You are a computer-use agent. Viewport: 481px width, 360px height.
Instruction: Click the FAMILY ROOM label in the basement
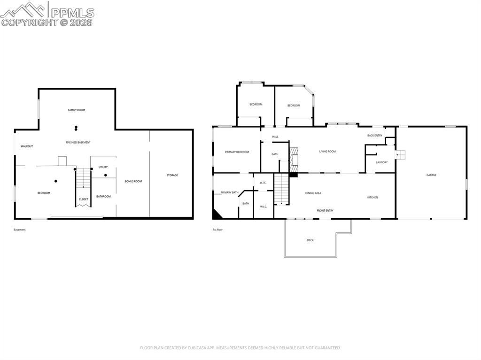click(77, 110)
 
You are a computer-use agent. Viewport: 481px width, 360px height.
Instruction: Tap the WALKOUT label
click(27, 146)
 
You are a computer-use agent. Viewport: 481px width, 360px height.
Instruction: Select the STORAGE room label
click(172, 175)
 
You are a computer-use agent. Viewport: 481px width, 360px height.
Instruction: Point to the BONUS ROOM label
click(133, 181)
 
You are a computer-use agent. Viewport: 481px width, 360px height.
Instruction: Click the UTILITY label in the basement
click(103, 167)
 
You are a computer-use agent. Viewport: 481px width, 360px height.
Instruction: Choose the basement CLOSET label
click(84, 199)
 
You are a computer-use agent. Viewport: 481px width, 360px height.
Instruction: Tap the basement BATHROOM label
click(103, 196)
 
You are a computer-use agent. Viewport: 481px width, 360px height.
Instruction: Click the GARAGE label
click(431, 175)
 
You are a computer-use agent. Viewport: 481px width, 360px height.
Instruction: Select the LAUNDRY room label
click(381, 162)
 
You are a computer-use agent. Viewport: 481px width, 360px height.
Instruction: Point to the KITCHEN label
click(372, 197)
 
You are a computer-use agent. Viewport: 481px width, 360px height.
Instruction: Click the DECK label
click(310, 240)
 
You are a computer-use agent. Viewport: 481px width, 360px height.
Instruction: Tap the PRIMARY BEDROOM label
click(237, 152)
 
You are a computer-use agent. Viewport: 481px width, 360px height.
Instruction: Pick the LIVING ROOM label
click(327, 151)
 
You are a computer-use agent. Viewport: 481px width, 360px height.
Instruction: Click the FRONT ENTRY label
click(325, 210)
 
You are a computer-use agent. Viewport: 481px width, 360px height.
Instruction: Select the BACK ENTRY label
click(375, 135)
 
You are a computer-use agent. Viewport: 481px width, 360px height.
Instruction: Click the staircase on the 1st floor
click(282, 189)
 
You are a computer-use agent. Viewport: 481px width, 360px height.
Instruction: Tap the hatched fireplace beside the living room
click(294, 160)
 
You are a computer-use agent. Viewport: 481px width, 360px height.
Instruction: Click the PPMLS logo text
click(72, 13)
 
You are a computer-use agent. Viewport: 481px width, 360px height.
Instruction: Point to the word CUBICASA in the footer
click(199, 348)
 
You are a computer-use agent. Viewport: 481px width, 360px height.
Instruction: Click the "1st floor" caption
click(217, 230)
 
